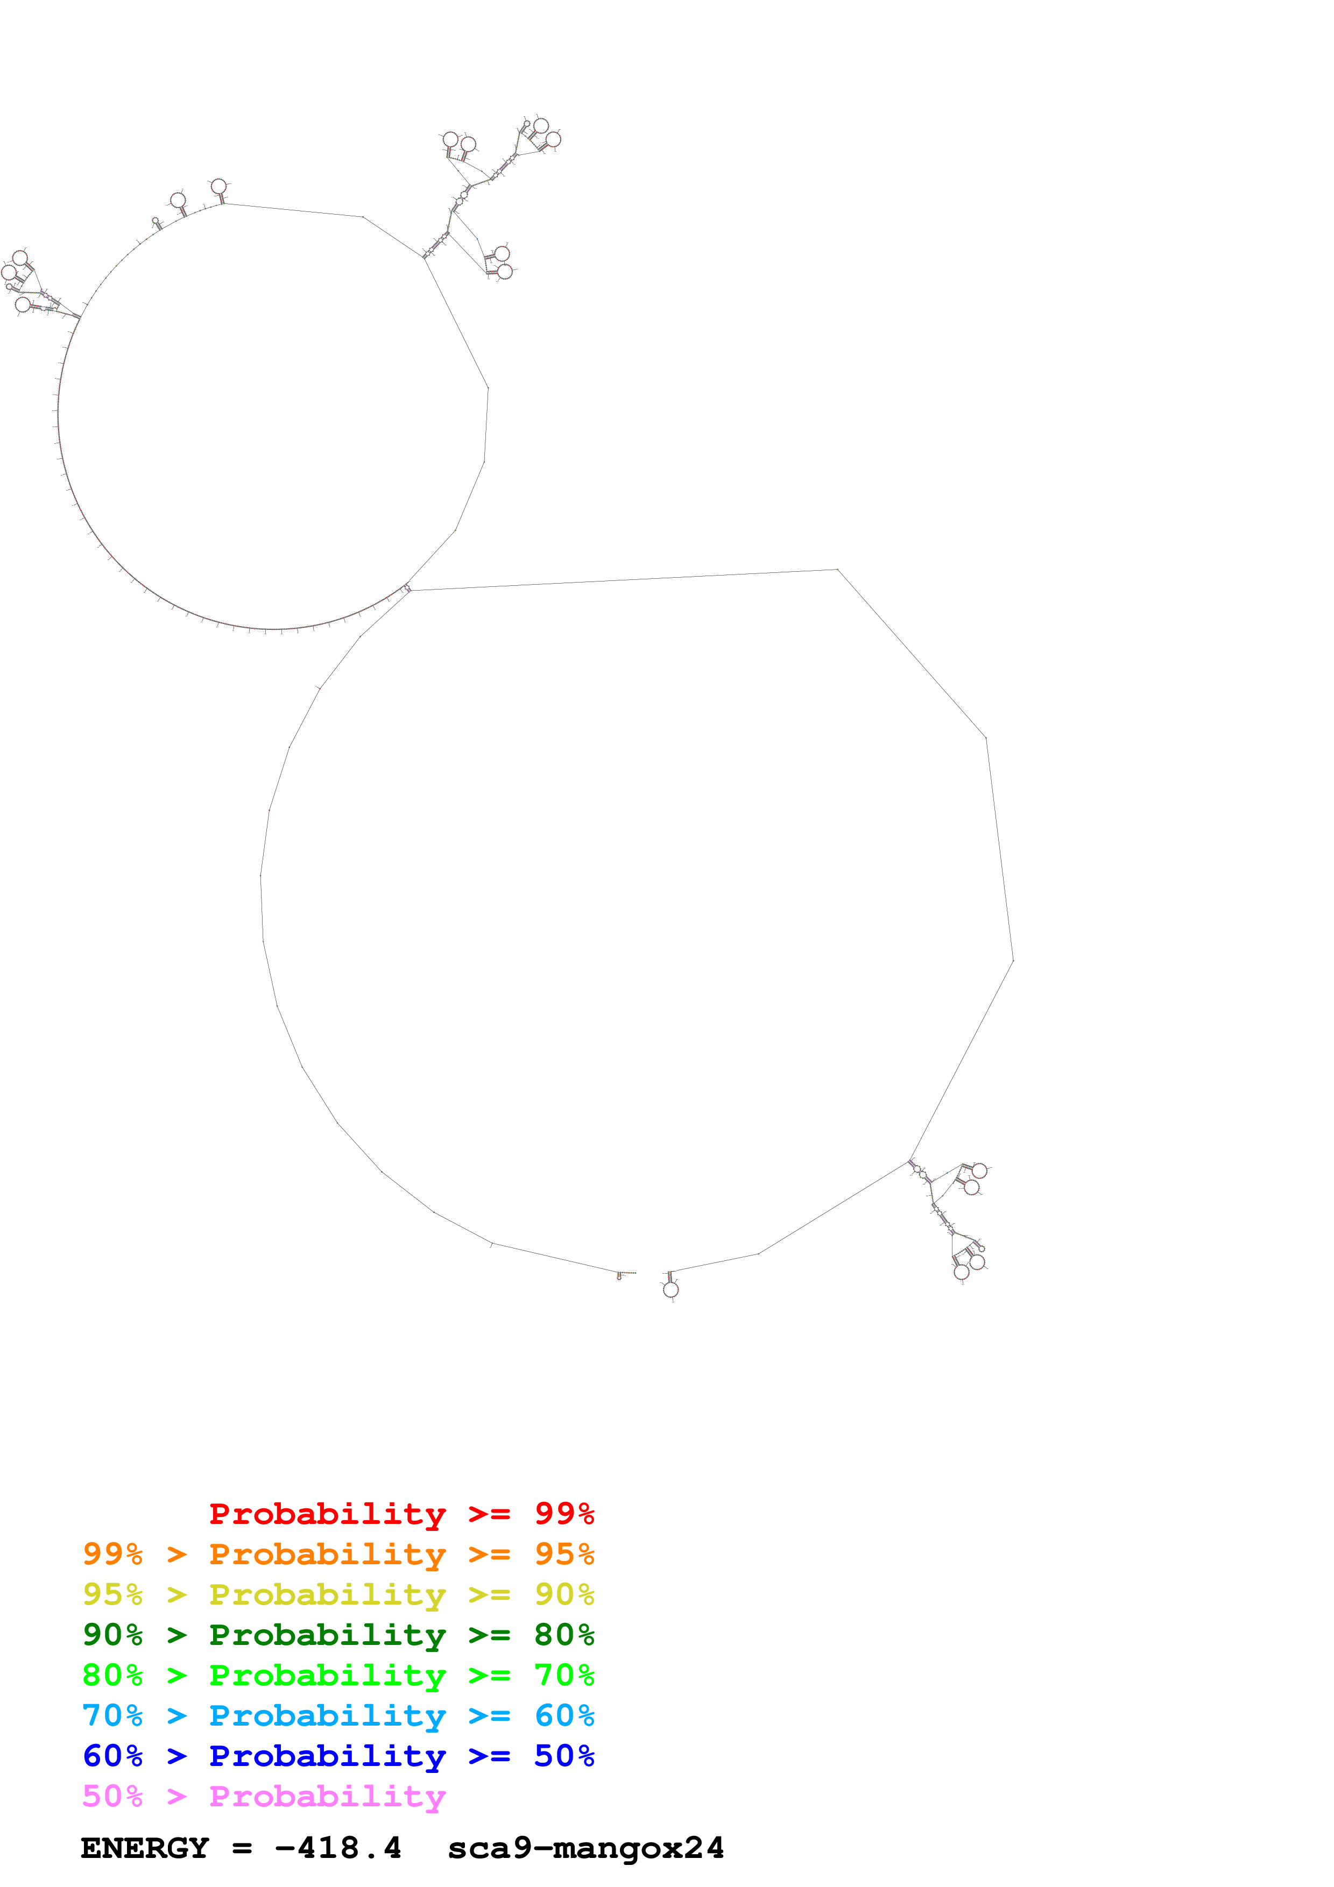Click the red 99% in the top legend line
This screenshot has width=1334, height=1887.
pyautogui.click(x=564, y=1513)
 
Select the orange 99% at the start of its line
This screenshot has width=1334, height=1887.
pyautogui.click(x=112, y=1554)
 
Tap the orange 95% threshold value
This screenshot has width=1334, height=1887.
pyautogui.click(x=564, y=1554)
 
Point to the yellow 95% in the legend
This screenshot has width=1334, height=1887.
pyautogui.click(x=112, y=1594)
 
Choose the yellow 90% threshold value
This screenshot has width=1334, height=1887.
pyautogui.click(x=564, y=1594)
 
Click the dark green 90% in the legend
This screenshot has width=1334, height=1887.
pyautogui.click(x=112, y=1635)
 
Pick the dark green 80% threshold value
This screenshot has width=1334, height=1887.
pyautogui.click(x=564, y=1635)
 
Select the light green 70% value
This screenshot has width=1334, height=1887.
pyautogui.click(x=564, y=1675)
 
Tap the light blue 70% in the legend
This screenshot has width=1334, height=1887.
pyautogui.click(x=112, y=1715)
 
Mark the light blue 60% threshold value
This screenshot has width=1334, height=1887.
pyautogui.click(x=564, y=1715)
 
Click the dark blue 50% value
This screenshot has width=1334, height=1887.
pyautogui.click(x=564, y=1756)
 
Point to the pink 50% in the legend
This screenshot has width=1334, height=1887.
pyautogui.click(x=112, y=1796)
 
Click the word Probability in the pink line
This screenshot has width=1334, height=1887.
pyautogui.click(x=327, y=1796)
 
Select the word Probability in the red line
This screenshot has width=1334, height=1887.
pyautogui.click(x=327, y=1513)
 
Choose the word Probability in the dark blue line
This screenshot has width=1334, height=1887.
pyautogui.click(x=327, y=1756)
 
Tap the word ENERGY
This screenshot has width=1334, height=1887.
pyautogui.click(x=145, y=1848)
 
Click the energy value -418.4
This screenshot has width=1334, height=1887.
pyautogui.click(x=338, y=1848)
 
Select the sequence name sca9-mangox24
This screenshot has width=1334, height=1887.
pyautogui.click(x=586, y=1848)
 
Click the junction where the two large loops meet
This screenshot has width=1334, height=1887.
pyautogui.click(x=407, y=588)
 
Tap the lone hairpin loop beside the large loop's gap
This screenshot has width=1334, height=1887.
pyautogui.click(x=670, y=1289)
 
